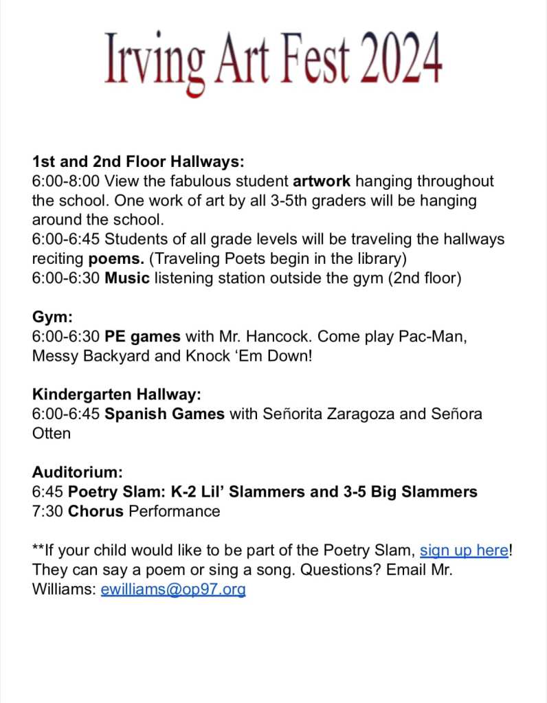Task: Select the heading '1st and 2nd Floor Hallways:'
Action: [x=138, y=163]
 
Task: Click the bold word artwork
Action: [x=322, y=181]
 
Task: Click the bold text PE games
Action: [x=142, y=337]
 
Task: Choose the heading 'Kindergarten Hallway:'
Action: [x=116, y=395]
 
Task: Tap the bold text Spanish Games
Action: [x=164, y=414]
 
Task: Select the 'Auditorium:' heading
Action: [x=77, y=473]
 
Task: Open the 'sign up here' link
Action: [x=464, y=550]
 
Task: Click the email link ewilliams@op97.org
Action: [x=173, y=590]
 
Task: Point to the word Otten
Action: [x=52, y=434]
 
